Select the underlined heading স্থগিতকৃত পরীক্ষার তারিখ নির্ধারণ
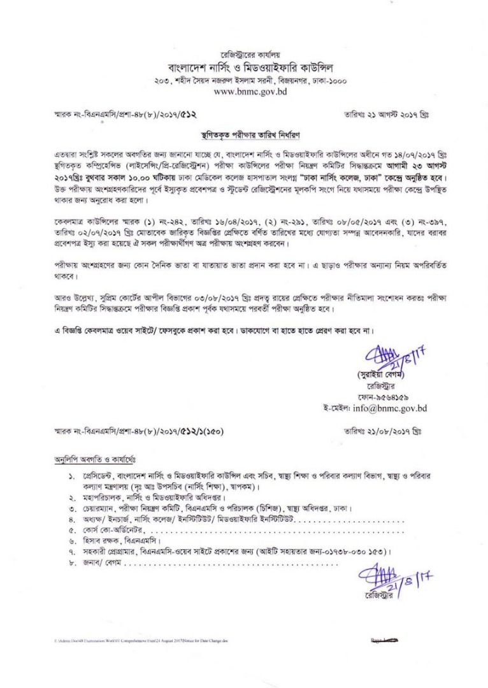(246, 136)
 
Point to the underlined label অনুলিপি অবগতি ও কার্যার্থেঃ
(94, 459)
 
